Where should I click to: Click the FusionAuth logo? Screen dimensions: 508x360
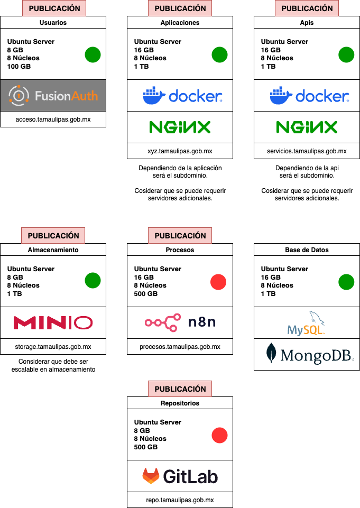pyautogui.click(x=53, y=96)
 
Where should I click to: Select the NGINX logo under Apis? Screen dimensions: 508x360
pyautogui.click(x=307, y=127)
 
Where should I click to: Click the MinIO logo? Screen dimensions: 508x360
pyautogui.click(x=53, y=322)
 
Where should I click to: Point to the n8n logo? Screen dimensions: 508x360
pyautogui.click(x=180, y=322)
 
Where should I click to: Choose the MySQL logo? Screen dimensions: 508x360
pyautogui.click(x=307, y=323)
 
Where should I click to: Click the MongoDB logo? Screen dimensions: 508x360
pyautogui.click(x=307, y=354)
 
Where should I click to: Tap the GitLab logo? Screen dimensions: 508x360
pyautogui.click(x=180, y=476)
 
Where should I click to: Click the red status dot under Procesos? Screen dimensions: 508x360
pyautogui.click(x=218, y=282)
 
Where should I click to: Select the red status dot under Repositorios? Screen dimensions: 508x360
pyautogui.click(x=219, y=436)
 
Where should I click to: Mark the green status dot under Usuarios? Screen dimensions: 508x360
pyautogui.click(x=93, y=54)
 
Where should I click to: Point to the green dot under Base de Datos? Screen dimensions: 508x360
pyautogui.click(x=346, y=282)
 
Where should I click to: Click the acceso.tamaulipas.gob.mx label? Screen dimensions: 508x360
pyautogui.click(x=53, y=119)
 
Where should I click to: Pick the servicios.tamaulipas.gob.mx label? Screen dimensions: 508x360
pyautogui.click(x=307, y=151)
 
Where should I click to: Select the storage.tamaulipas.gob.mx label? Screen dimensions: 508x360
pyautogui.click(x=53, y=347)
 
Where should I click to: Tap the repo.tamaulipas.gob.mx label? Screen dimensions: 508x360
pyautogui.click(x=180, y=500)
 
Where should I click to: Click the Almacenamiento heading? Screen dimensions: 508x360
pyautogui.click(x=53, y=250)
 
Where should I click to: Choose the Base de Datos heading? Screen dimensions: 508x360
pyautogui.click(x=307, y=250)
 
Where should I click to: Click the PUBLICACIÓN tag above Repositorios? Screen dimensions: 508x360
pyautogui.click(x=180, y=389)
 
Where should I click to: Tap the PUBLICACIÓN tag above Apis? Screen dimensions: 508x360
pyautogui.click(x=307, y=8)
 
